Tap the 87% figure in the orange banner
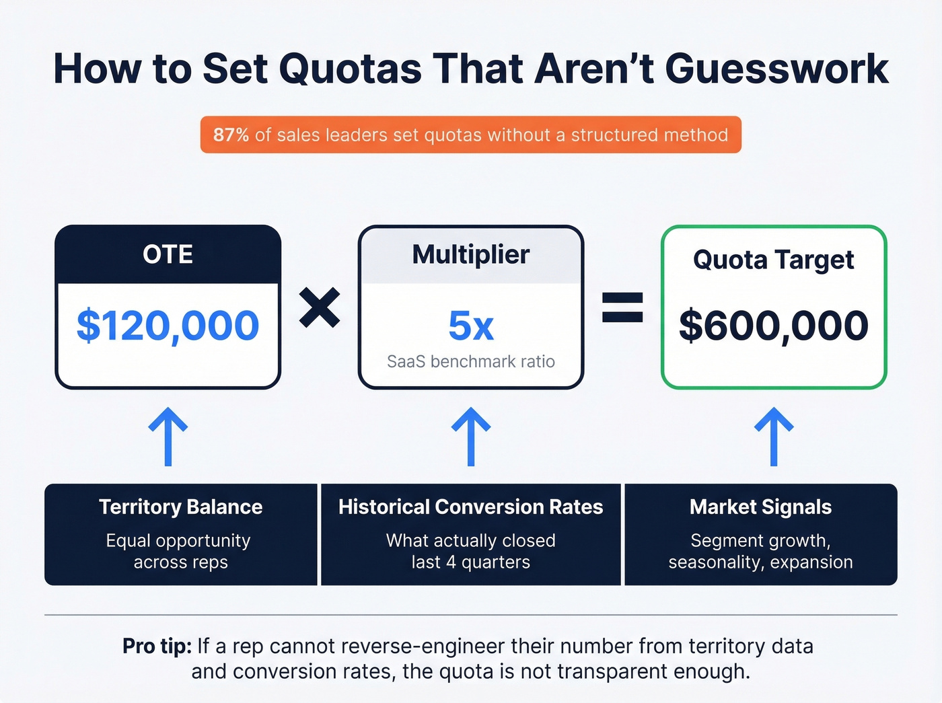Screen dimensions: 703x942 (231, 135)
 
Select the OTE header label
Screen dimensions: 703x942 (168, 254)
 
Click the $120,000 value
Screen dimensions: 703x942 (168, 326)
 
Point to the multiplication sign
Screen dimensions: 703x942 (320, 307)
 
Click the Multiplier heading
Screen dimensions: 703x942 (470, 254)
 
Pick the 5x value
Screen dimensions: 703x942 (470, 326)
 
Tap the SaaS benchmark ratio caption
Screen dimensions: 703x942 (470, 362)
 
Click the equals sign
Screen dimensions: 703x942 (622, 307)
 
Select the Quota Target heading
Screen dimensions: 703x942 (773, 260)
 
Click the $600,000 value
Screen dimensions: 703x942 (773, 326)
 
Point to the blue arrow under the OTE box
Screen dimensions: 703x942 (168, 436)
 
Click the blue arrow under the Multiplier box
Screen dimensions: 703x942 (470, 436)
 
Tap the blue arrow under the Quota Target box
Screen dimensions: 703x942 (774, 436)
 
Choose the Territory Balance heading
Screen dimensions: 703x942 (180, 507)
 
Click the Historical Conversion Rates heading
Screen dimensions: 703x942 (470, 507)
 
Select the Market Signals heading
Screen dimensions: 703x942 (760, 507)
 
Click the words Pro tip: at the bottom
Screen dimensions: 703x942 (157, 646)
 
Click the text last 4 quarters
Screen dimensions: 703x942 (470, 562)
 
